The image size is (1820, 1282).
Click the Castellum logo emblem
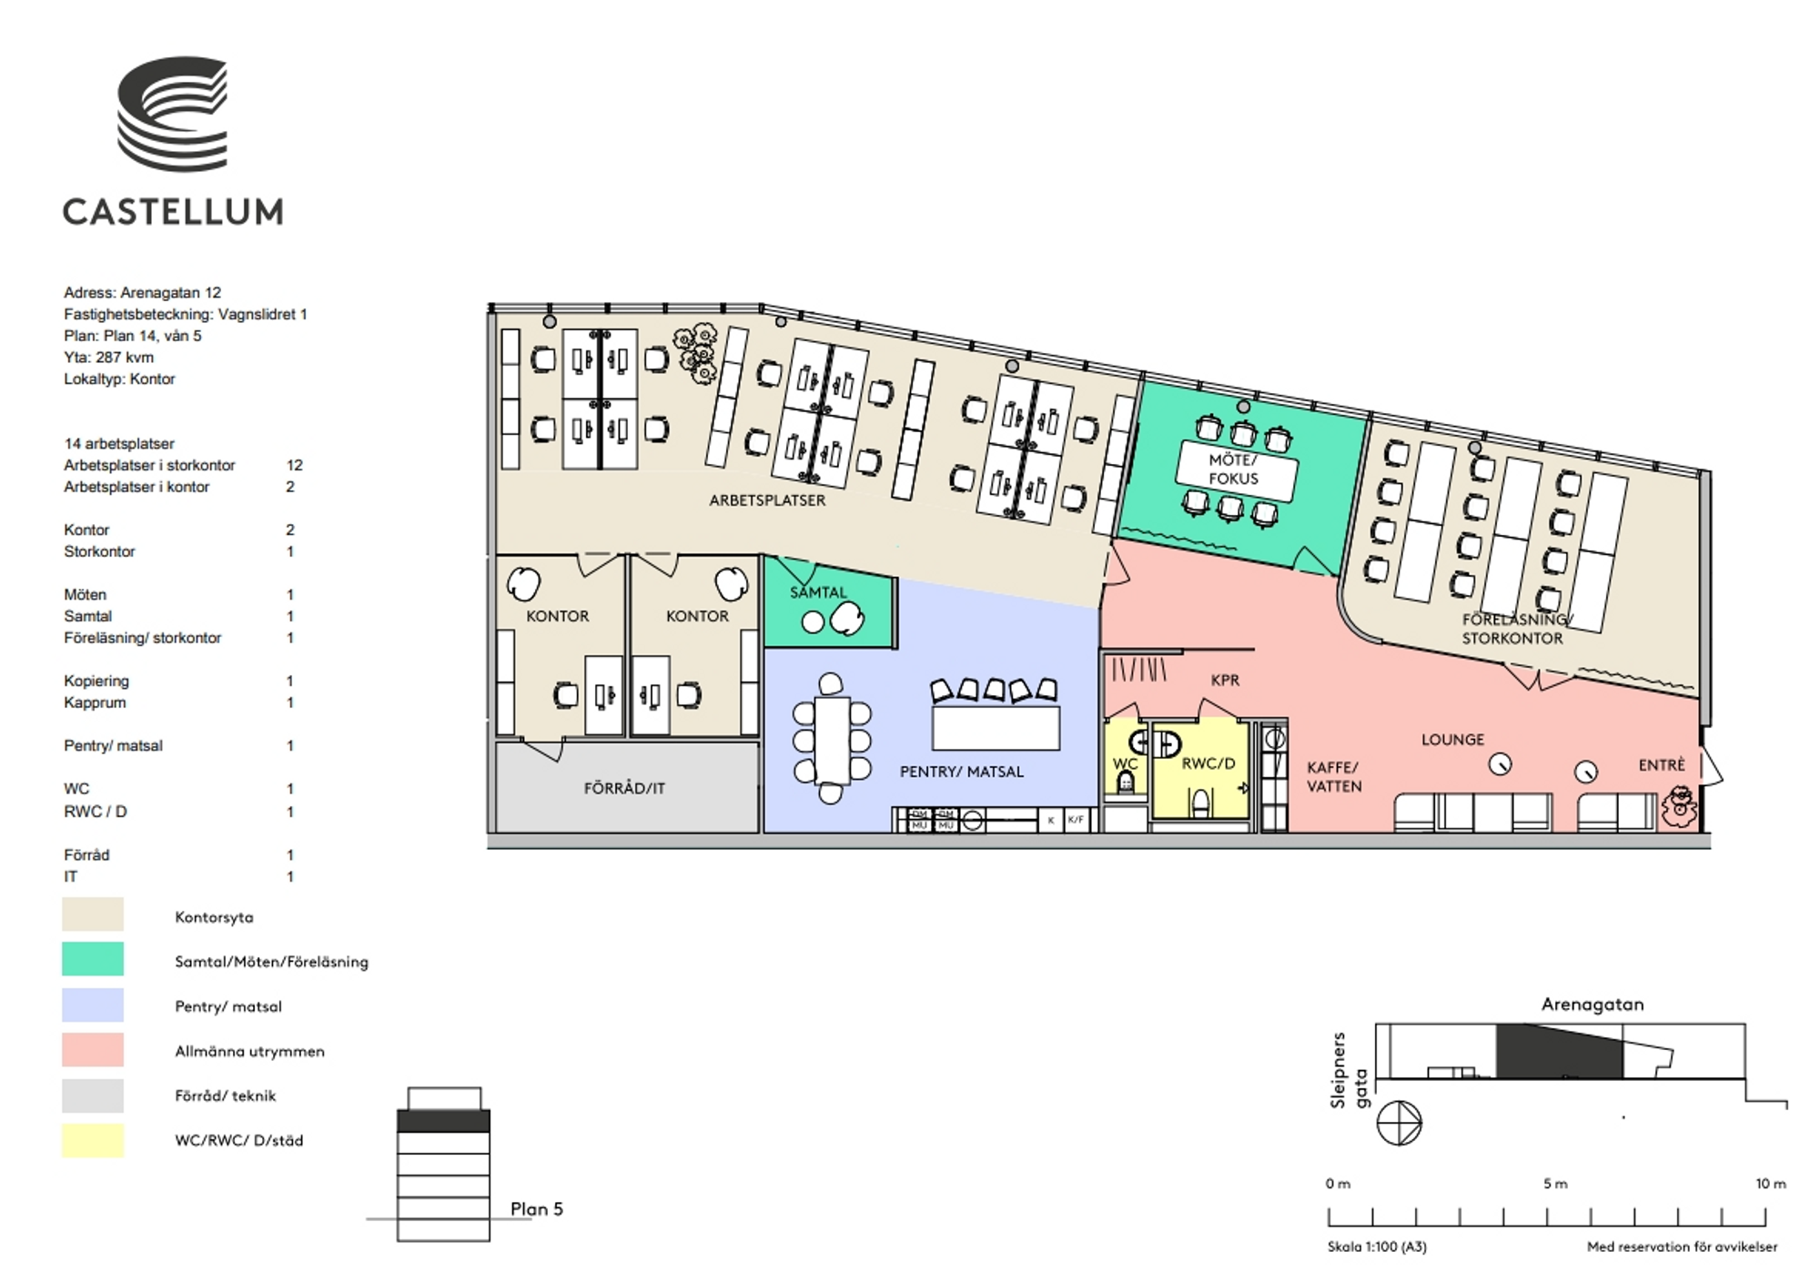pos(172,114)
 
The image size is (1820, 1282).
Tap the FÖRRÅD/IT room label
pos(624,788)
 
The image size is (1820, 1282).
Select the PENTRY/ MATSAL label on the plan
pos(962,772)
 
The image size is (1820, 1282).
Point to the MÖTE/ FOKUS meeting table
pos(1235,469)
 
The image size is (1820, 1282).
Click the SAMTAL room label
pos(818,592)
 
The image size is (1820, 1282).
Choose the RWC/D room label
pos(1208,763)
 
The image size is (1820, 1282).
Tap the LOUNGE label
pos(1452,740)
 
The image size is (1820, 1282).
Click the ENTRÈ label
pos(1662,765)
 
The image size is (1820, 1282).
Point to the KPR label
pos(1225,680)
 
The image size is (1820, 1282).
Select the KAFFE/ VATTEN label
pos(1334,777)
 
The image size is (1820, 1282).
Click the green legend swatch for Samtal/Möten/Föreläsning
pos(93,959)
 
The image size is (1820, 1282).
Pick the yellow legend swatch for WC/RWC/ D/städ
pos(93,1140)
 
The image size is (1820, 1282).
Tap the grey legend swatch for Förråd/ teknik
pos(93,1095)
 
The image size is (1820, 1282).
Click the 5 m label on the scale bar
pos(1555,1184)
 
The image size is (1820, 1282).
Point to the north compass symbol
pos(1399,1123)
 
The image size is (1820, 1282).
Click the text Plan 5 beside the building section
pos(537,1209)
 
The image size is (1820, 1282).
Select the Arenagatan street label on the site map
pos(1592,1004)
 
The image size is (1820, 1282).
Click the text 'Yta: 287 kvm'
pos(108,358)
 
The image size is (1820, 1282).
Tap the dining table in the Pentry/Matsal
pos(831,740)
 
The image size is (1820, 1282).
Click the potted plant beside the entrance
pos(1679,807)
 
